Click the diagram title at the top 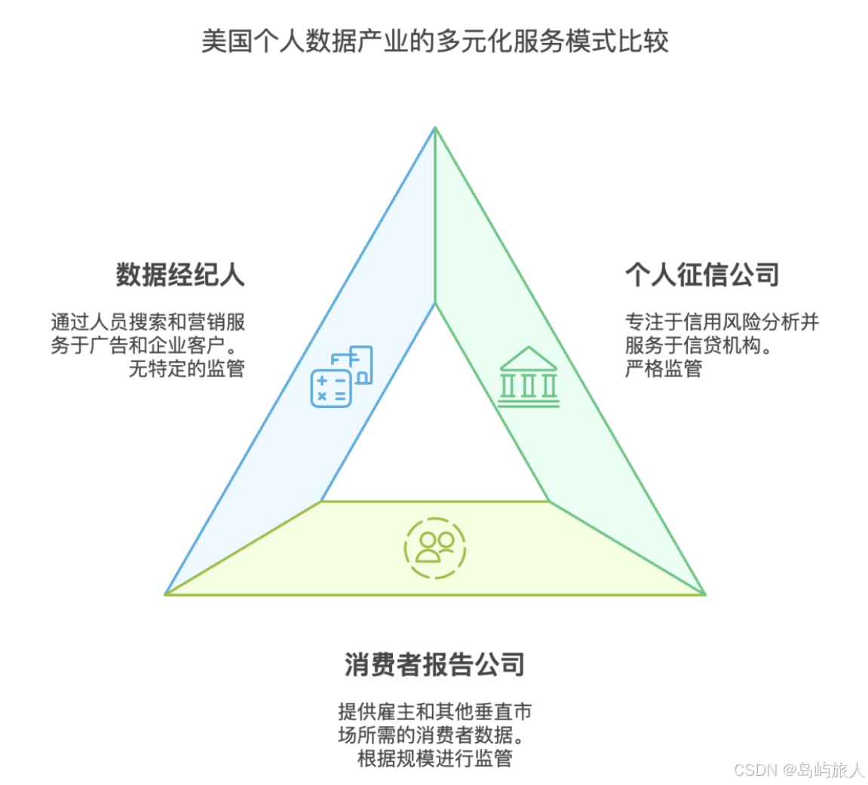click(x=434, y=41)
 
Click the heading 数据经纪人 click(x=180, y=274)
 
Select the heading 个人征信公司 click(x=701, y=274)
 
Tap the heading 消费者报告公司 click(x=434, y=664)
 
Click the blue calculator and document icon click(x=342, y=376)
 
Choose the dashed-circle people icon click(x=435, y=547)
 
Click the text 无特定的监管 click(x=187, y=369)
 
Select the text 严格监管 click(x=663, y=369)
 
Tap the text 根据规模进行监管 click(x=434, y=758)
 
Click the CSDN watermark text click(x=799, y=770)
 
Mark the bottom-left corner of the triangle click(x=167, y=593)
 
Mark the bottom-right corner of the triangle click(x=704, y=593)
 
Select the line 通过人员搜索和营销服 click(x=148, y=323)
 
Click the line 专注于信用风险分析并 click(x=722, y=323)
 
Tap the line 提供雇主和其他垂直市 click(x=434, y=711)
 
